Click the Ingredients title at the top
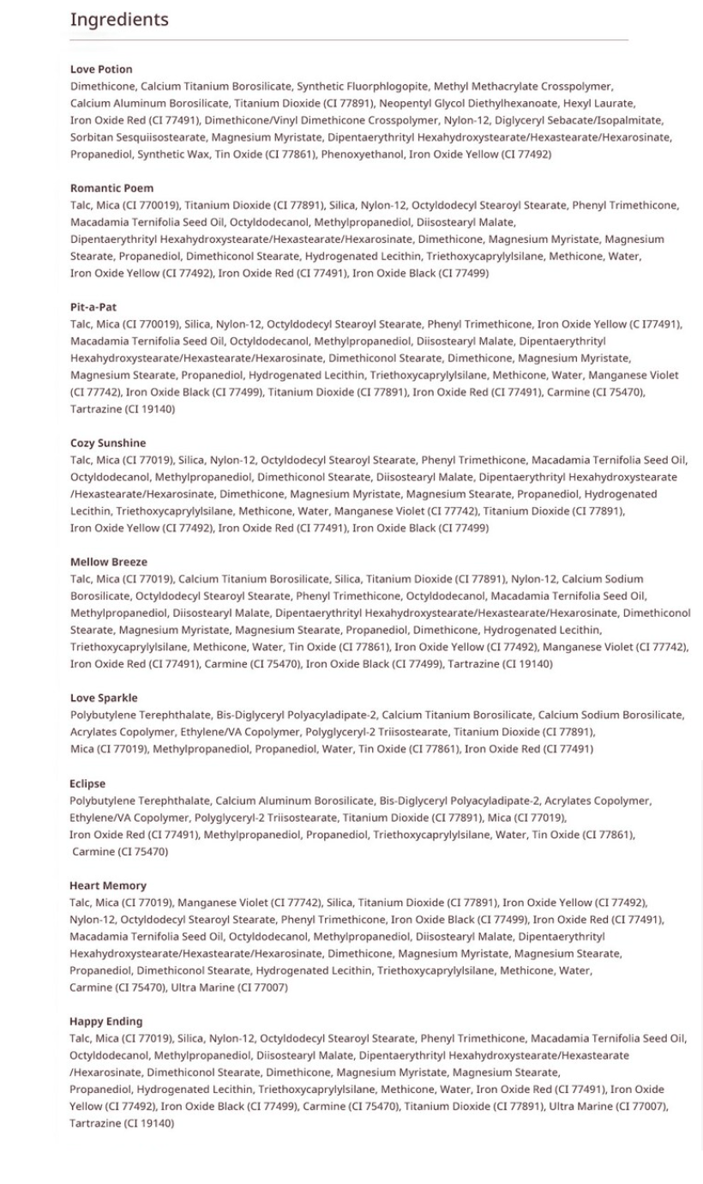pyautogui.click(x=119, y=19)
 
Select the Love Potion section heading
pyautogui.click(x=101, y=69)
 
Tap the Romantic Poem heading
pyautogui.click(x=111, y=188)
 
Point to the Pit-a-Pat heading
pyautogui.click(x=93, y=306)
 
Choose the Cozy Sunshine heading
pyautogui.click(x=108, y=443)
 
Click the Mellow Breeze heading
pyautogui.click(x=108, y=562)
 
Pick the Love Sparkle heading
pyautogui.click(x=104, y=698)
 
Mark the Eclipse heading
pyautogui.click(x=87, y=783)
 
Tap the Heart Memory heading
pyautogui.click(x=108, y=885)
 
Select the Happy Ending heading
pyautogui.click(x=106, y=1021)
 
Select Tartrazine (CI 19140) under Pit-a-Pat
pyautogui.click(x=123, y=409)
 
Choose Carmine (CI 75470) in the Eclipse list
pyautogui.click(x=120, y=851)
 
